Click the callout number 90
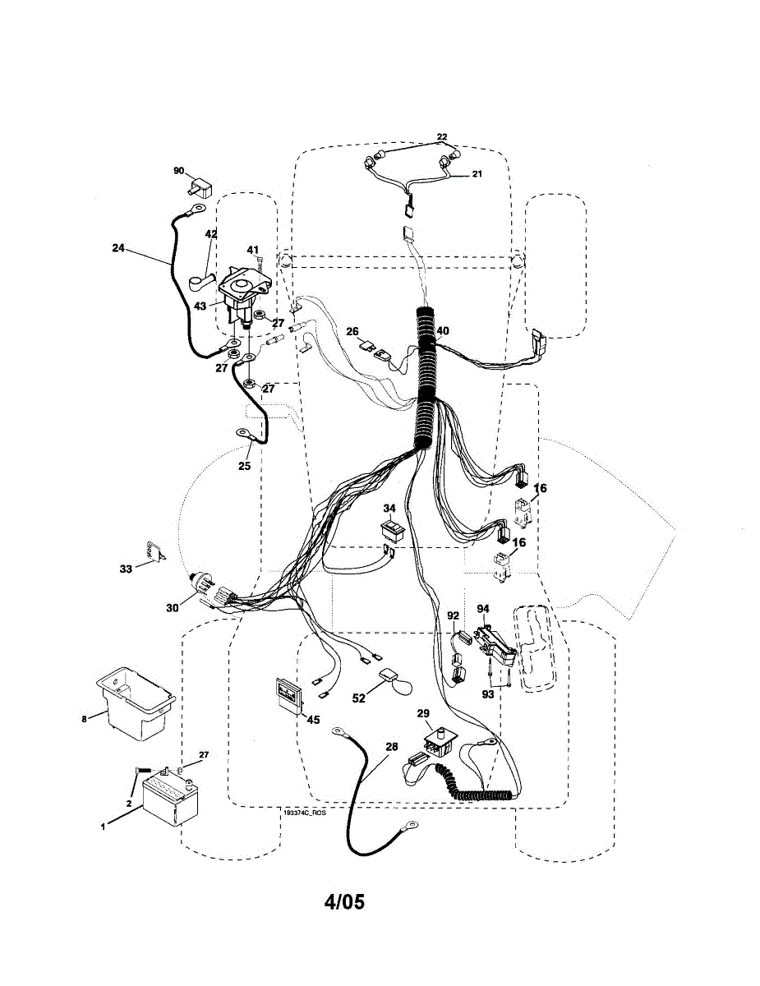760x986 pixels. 178,171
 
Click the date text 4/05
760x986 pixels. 344,902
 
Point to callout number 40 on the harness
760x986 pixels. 444,330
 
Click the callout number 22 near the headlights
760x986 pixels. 442,136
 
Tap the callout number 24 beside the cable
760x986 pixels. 118,246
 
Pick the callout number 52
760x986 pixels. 358,698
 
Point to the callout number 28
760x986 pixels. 391,747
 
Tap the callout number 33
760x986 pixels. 125,569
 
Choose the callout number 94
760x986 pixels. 483,608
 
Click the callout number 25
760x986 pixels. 245,466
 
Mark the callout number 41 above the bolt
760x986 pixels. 252,249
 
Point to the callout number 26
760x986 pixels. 352,332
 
